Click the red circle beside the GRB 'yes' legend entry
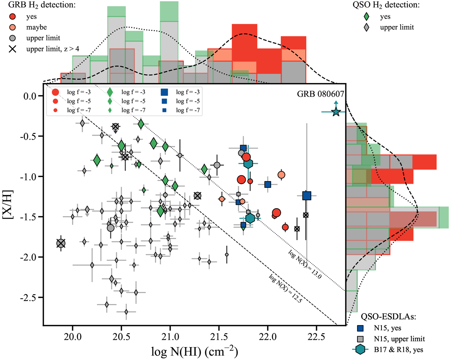[x=13, y=17]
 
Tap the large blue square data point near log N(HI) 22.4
[x=307, y=196]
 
